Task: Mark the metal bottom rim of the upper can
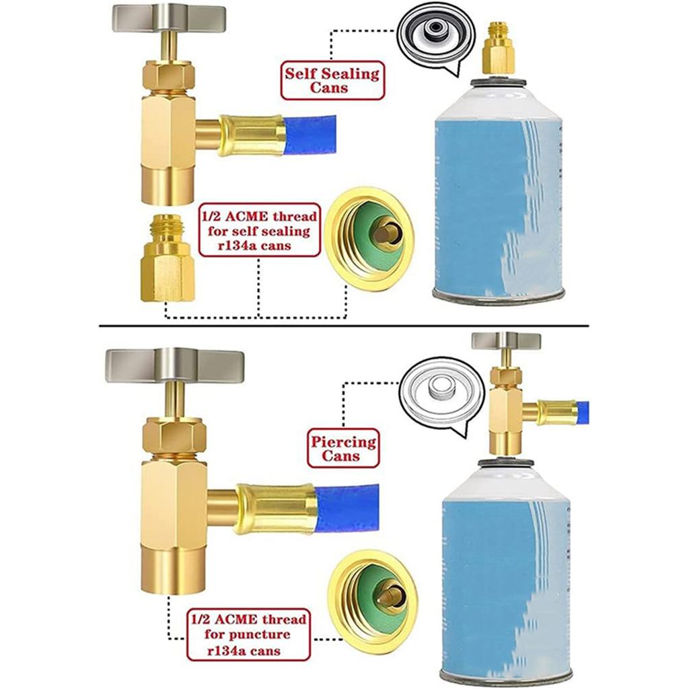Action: click(497, 295)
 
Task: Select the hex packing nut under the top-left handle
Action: click(168, 75)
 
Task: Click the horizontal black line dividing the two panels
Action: click(344, 326)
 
